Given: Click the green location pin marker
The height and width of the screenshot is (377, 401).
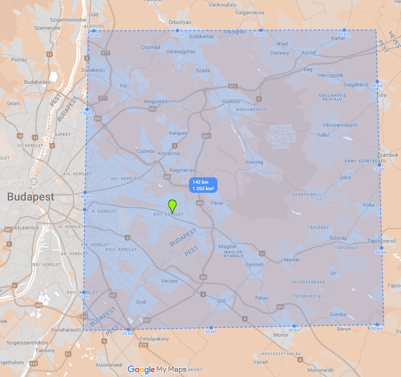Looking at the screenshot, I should [x=173, y=206].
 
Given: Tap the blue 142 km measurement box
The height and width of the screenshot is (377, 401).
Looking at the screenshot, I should [x=203, y=185].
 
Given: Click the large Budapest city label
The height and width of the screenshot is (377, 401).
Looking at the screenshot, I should [x=31, y=197].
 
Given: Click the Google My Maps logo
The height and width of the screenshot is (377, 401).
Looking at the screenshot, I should [x=157, y=370].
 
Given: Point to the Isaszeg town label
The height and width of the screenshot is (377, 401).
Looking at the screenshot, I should [x=254, y=162].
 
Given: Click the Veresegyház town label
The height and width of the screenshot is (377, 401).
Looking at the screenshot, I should [x=181, y=52].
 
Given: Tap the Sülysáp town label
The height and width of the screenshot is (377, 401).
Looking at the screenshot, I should [x=338, y=238].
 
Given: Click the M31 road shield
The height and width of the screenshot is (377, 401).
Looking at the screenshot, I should [x=207, y=136].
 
